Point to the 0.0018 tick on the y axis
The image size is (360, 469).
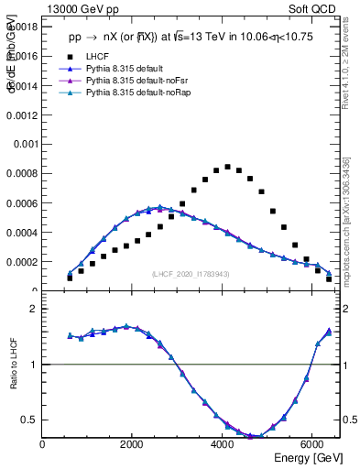(x=23, y=27)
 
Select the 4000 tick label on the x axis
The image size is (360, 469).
(x=223, y=444)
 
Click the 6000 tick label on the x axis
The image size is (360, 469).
(x=312, y=444)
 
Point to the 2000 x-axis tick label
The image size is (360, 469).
(x=133, y=444)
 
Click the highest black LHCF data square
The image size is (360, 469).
(x=227, y=167)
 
